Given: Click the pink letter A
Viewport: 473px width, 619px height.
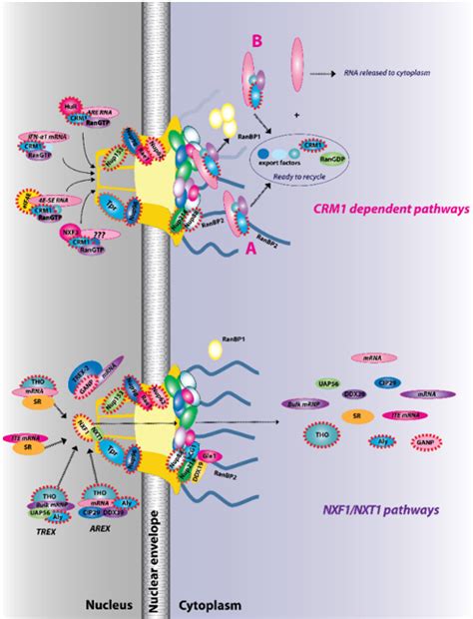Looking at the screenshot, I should (248, 254).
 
